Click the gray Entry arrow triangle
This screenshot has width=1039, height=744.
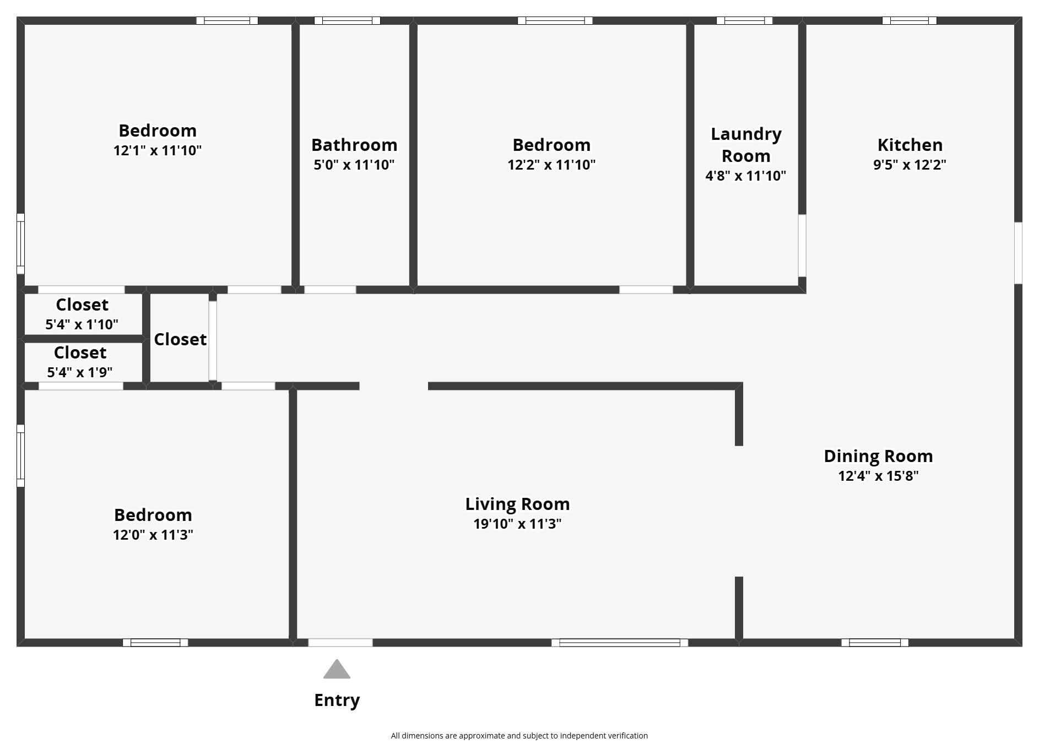point(337,669)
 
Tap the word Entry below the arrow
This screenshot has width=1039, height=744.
point(337,700)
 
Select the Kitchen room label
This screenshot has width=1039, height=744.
point(910,145)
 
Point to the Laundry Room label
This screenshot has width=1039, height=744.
point(746,145)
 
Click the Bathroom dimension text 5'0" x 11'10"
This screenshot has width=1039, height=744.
point(354,164)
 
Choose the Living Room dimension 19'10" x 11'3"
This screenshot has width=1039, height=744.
point(517,523)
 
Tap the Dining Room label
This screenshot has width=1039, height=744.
point(878,456)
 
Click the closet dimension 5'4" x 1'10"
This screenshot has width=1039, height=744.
point(82,324)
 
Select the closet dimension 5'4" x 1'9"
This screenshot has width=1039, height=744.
point(80,372)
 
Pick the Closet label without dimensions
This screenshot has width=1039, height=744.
point(180,339)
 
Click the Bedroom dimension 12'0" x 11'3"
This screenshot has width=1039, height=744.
point(153,534)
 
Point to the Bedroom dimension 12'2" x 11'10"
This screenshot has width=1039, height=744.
point(551,164)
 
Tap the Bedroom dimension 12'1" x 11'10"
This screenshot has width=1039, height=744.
point(158,150)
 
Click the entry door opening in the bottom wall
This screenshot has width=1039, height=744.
point(340,643)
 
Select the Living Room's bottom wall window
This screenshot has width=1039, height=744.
point(620,643)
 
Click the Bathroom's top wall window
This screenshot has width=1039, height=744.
point(347,21)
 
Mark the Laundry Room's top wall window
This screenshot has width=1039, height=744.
point(744,21)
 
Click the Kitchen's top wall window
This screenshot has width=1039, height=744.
point(909,21)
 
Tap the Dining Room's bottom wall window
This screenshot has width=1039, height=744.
point(875,643)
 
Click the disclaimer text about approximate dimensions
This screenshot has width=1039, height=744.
point(519,736)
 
